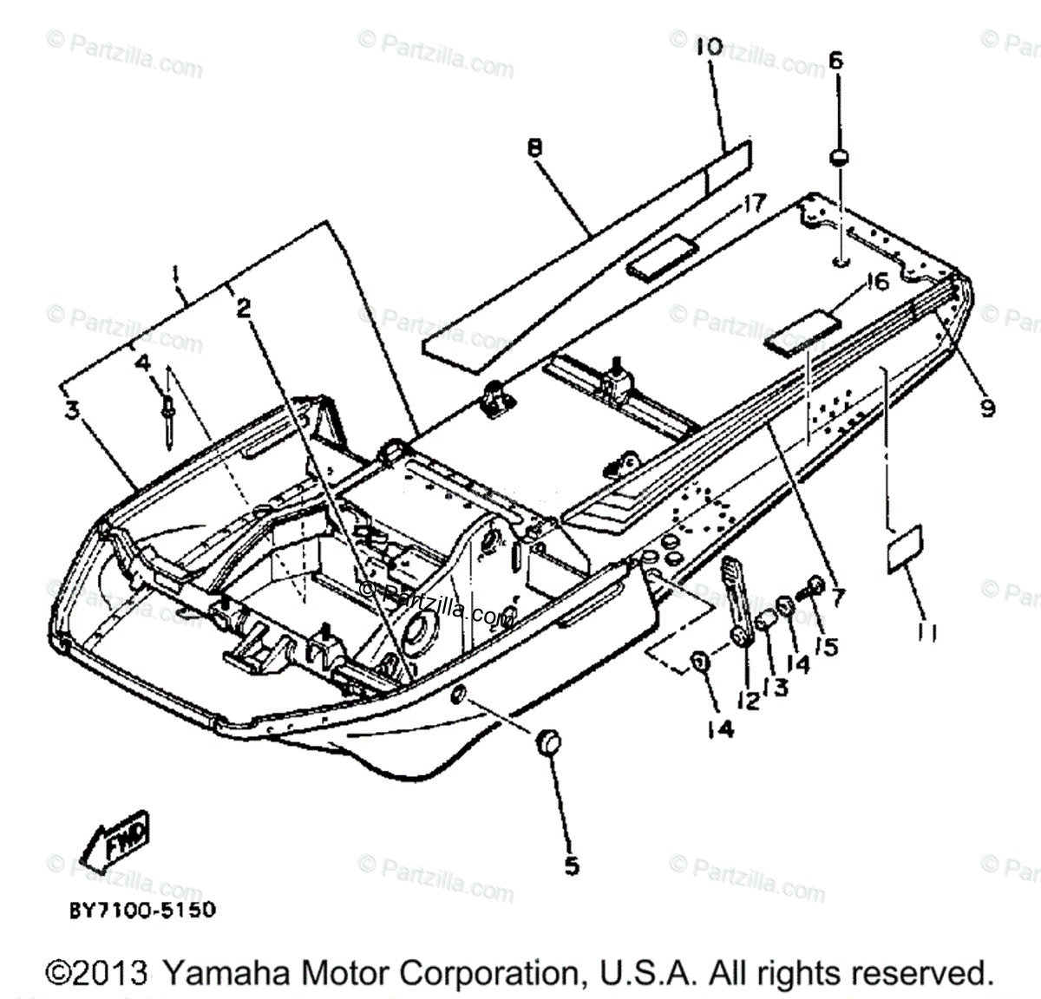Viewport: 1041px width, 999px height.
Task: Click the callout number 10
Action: click(x=708, y=47)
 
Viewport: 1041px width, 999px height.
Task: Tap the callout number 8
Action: click(x=534, y=148)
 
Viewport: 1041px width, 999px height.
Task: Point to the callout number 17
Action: click(x=752, y=205)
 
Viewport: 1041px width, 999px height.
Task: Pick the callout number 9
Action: click(x=987, y=407)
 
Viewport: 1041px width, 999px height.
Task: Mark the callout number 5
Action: click(x=571, y=865)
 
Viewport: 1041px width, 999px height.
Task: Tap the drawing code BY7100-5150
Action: click(x=142, y=911)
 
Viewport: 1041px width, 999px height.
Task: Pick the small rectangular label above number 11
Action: click(x=903, y=548)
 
